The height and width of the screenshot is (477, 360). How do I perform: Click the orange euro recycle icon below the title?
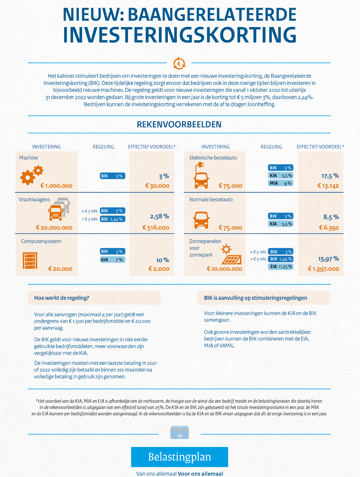[x=179, y=63]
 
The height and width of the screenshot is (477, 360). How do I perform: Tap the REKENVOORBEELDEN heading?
[x=179, y=124]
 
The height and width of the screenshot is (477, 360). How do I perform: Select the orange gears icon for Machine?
[x=32, y=175]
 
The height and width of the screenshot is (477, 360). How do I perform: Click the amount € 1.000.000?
[x=56, y=186]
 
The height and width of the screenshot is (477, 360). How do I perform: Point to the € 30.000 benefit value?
[x=157, y=186]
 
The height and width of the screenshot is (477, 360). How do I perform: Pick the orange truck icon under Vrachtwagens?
[x=56, y=213]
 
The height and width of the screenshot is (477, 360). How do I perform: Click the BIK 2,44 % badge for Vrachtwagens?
[x=112, y=219]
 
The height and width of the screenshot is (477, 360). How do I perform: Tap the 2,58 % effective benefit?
[x=160, y=216]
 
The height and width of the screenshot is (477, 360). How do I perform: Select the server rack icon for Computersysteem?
[x=30, y=260]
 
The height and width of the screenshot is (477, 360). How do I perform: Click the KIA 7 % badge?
[x=112, y=260]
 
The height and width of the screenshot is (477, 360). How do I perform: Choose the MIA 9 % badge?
[x=281, y=183]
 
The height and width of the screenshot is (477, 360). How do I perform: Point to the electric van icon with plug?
[x=201, y=175]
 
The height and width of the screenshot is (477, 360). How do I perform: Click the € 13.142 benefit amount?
[x=328, y=186]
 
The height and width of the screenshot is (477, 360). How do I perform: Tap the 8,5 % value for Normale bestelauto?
[x=331, y=217]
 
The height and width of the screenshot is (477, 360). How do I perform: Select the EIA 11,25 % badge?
[x=281, y=267]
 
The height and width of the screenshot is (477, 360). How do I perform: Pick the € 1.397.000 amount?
[x=323, y=269]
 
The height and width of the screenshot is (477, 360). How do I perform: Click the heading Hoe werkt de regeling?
[x=62, y=298]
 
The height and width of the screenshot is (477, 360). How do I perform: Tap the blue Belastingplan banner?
[x=179, y=457]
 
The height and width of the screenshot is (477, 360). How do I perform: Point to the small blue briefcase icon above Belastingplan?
[x=179, y=432]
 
